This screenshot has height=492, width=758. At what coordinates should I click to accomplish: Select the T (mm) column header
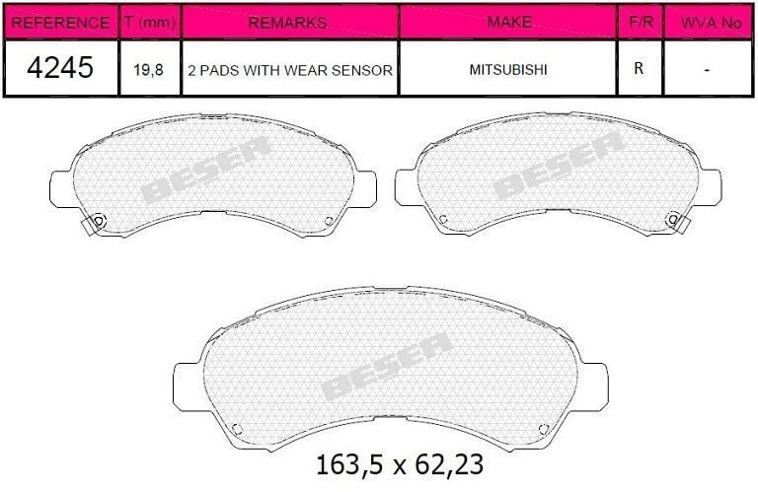[150, 22]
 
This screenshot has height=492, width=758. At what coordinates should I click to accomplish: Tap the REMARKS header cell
[289, 22]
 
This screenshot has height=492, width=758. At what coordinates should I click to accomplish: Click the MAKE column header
[508, 22]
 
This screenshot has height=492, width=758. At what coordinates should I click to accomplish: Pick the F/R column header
[640, 22]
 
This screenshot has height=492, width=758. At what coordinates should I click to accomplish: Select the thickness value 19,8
[150, 70]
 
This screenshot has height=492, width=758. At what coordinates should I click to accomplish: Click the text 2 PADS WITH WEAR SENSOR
[289, 70]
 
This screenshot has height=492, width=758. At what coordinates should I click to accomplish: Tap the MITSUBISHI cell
[508, 70]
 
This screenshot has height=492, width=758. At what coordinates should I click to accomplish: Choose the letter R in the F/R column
[640, 70]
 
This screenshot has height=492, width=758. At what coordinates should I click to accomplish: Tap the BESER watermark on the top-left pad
[205, 169]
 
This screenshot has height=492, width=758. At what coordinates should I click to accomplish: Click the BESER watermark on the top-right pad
[559, 166]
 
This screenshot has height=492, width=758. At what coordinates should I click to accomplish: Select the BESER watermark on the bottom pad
[387, 366]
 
